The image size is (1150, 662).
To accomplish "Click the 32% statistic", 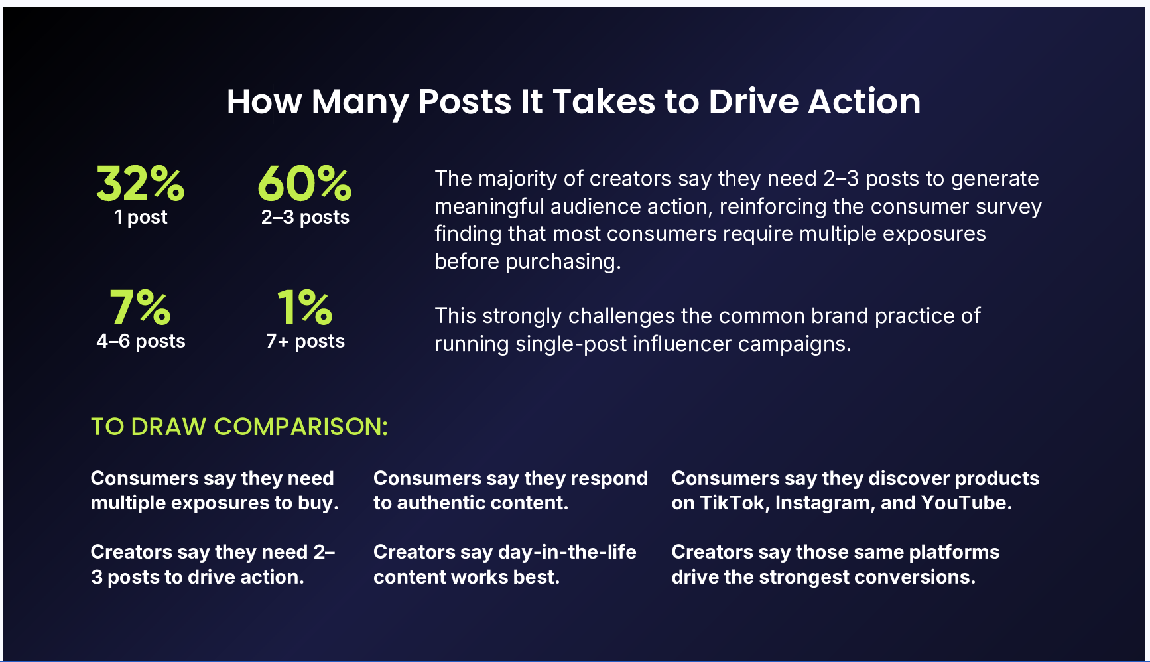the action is (141, 183).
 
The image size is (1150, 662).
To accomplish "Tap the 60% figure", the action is (304, 183).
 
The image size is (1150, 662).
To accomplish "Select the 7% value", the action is (141, 307).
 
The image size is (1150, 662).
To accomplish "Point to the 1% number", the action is (304, 307).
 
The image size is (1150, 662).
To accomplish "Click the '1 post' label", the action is (141, 217).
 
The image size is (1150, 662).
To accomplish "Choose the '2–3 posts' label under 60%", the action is (305, 217).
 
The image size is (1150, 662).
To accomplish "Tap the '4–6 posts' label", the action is (141, 341).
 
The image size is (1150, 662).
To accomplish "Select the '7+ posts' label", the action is (305, 341).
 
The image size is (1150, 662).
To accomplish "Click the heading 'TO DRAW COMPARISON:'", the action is (239, 427).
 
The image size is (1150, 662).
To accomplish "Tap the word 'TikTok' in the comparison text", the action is (732, 503).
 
